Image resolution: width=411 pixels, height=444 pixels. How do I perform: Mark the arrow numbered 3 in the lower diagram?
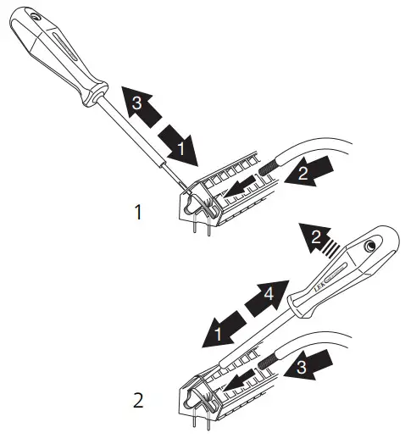point(308,366)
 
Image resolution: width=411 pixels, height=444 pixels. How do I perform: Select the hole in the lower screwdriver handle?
point(370,246)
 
